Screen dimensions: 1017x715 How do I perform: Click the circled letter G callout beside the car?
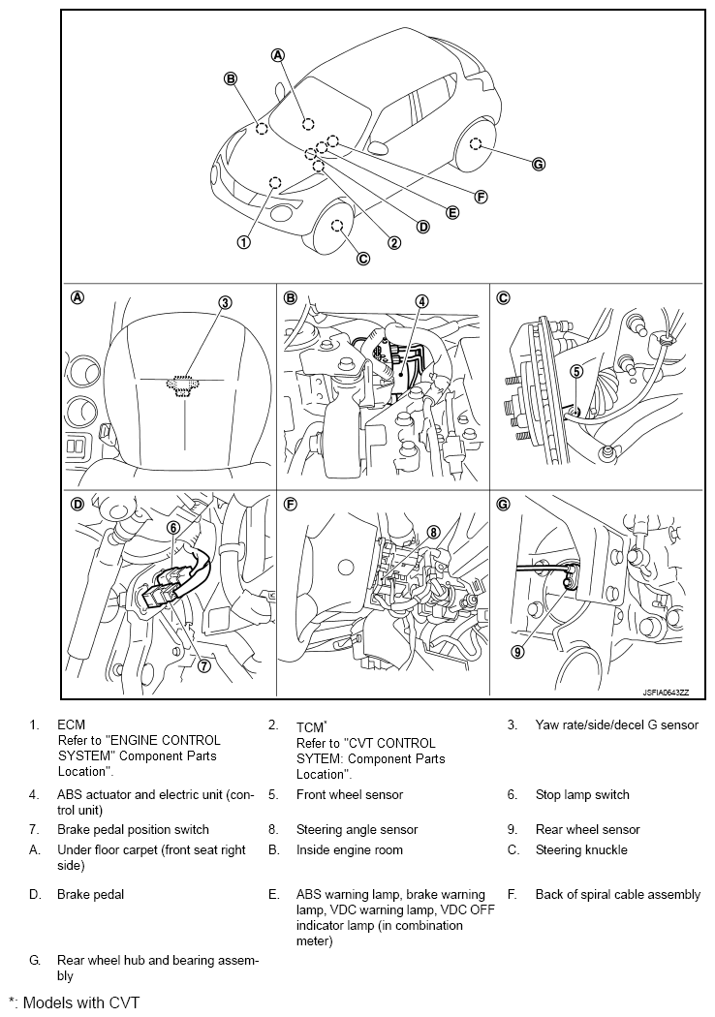click(x=540, y=165)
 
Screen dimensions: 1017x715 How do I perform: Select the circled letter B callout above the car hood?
click(x=231, y=78)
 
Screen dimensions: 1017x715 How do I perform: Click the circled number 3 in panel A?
click(x=225, y=302)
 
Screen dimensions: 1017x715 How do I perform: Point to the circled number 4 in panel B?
click(x=422, y=301)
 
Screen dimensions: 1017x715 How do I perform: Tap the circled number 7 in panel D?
click(x=204, y=665)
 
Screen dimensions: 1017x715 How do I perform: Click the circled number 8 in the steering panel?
click(x=433, y=532)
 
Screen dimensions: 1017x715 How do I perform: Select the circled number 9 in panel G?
click(x=517, y=652)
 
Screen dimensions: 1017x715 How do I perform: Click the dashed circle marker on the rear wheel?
click(x=476, y=144)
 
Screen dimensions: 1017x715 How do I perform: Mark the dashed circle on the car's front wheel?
click(x=337, y=226)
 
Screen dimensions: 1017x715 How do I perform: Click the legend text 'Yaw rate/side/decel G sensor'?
click(x=616, y=725)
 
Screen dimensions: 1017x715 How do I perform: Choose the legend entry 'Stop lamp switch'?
click(x=582, y=795)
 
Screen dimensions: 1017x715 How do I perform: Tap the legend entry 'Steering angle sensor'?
click(x=357, y=830)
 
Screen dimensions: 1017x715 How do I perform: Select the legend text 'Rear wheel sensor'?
click(x=587, y=830)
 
